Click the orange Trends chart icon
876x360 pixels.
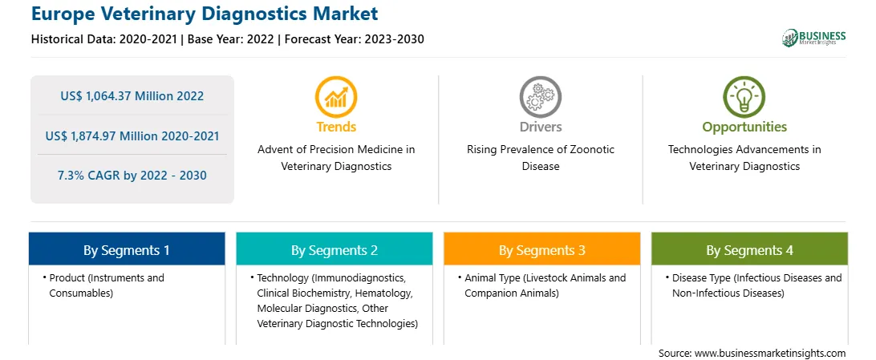336,97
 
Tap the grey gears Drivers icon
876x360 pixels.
540,97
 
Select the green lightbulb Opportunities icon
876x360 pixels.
744,97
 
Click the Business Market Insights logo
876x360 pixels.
814,38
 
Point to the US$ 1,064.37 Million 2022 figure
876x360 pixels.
132,96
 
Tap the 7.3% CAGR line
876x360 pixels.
132,176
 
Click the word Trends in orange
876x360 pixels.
336,127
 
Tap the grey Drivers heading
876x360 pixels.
541,127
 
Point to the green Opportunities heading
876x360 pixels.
744,127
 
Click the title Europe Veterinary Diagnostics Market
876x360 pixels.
205,14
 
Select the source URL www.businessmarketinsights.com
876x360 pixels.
770,354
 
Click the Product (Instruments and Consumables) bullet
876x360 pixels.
106,285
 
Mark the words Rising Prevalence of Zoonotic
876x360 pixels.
541,150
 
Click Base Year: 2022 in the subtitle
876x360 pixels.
231,39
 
